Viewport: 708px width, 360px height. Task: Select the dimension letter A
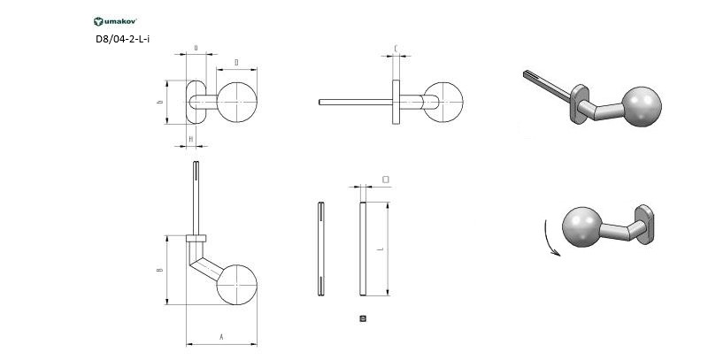220,337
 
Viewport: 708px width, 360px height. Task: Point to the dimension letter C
395,49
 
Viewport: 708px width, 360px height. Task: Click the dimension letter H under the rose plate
191,139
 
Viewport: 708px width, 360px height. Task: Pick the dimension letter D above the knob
237,62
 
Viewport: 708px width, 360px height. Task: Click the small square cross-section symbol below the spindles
363,318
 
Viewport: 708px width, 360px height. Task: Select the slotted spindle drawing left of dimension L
319,249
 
